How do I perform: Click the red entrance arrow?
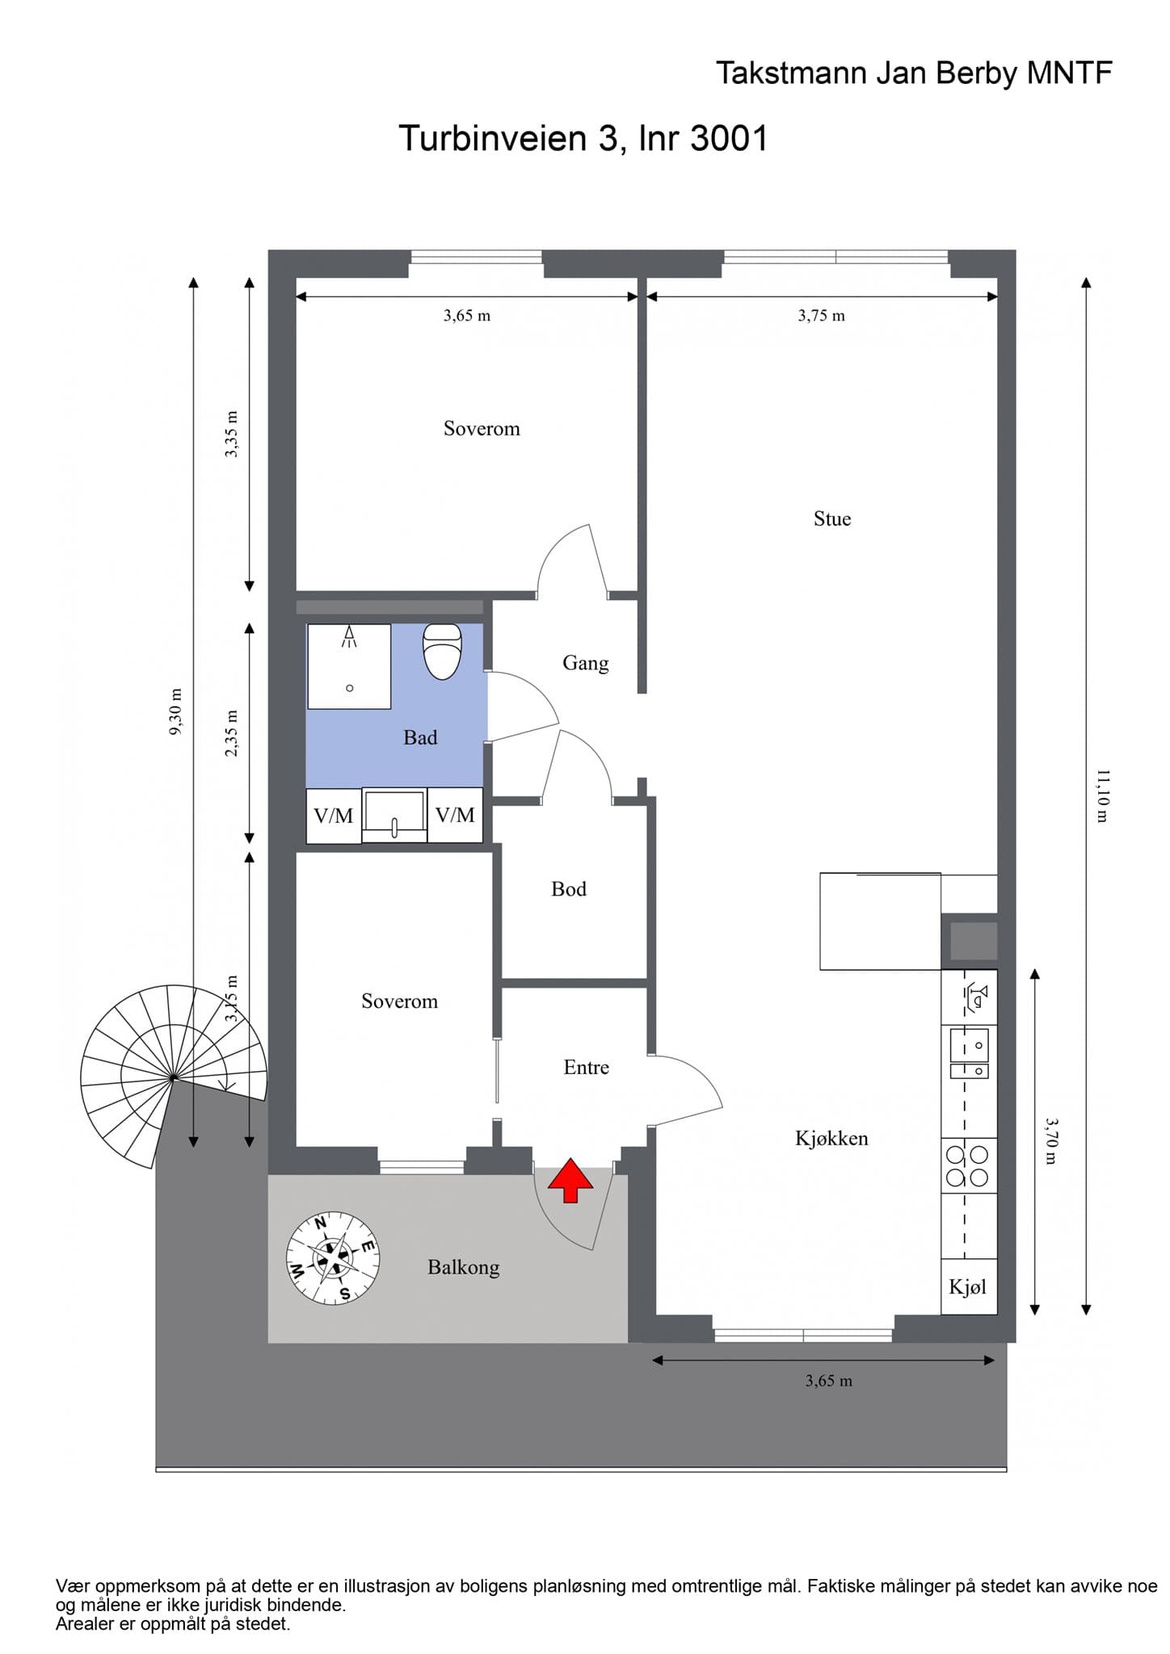click(570, 1181)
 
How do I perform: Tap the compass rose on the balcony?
click(333, 1257)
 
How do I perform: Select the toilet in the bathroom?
click(442, 652)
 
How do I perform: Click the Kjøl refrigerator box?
click(968, 1287)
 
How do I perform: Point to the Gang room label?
click(586, 663)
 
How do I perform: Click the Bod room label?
click(569, 889)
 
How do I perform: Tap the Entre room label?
click(587, 1068)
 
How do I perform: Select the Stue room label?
click(832, 518)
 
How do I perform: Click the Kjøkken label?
click(831, 1139)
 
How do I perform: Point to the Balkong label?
click(464, 1267)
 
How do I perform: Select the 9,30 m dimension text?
click(176, 712)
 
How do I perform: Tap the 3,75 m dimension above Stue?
click(822, 316)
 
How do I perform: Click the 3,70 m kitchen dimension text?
click(1050, 1141)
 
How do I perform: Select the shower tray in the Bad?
click(349, 666)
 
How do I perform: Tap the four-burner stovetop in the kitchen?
click(969, 1165)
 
